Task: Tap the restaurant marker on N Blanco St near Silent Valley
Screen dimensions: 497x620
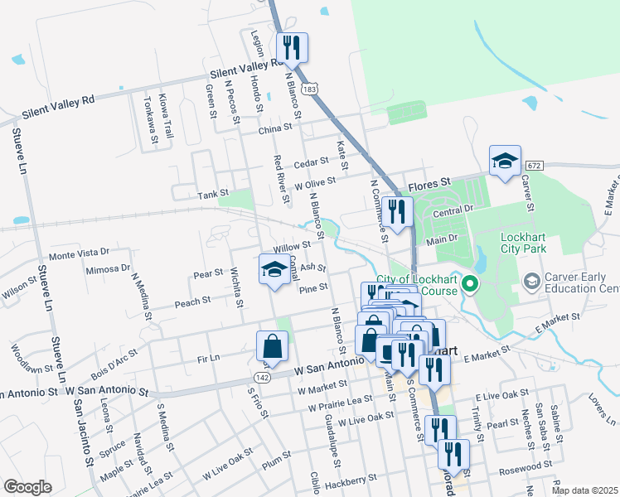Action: tap(290, 48)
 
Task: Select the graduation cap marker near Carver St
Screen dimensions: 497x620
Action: tap(505, 162)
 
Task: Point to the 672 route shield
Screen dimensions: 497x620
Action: tap(534, 166)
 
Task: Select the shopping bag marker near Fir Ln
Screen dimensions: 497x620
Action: tap(272, 347)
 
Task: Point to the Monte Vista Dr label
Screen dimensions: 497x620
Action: tap(80, 252)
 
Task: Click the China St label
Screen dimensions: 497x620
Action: tap(275, 128)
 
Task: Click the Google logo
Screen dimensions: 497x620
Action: tap(27, 487)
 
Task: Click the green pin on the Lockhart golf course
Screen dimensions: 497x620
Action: tap(471, 285)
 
